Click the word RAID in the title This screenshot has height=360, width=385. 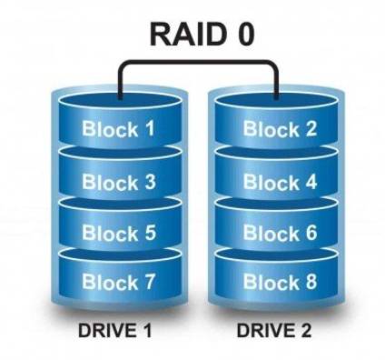point(187,35)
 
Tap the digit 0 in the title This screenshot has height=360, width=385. point(243,35)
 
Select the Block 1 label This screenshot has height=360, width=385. point(118,128)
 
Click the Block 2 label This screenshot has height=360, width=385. point(280,128)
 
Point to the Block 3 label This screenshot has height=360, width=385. point(119,182)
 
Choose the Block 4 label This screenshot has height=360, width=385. point(281,182)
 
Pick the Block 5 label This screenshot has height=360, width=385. point(119,233)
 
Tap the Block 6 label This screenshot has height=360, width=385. point(281,233)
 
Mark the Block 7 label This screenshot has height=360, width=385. point(119,282)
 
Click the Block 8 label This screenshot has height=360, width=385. point(281,282)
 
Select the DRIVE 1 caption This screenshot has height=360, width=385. point(114,330)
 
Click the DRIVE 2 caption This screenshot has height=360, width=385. point(274,330)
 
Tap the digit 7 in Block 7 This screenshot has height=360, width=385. point(148,282)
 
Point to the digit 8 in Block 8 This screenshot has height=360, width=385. point(311,282)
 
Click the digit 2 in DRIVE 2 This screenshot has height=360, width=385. point(305,330)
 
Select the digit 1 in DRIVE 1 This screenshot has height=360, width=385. point(146,330)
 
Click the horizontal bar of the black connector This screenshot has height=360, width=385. point(199,62)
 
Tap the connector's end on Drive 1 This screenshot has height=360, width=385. point(120,98)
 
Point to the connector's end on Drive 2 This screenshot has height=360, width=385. point(276,98)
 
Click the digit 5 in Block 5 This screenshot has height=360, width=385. point(149,233)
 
